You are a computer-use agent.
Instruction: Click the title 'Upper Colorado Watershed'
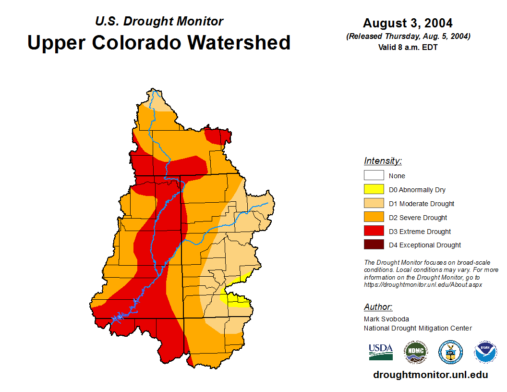click(x=159, y=42)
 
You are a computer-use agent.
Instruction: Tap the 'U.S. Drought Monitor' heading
click(x=159, y=21)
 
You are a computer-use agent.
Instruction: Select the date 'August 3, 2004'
click(x=408, y=23)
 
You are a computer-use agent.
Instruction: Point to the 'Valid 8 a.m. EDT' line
click(x=408, y=47)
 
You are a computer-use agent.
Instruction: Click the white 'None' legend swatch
click(x=374, y=176)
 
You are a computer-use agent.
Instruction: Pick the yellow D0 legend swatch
click(x=374, y=190)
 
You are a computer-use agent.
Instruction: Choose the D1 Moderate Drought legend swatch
click(x=374, y=204)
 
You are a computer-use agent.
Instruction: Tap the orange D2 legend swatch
click(x=374, y=218)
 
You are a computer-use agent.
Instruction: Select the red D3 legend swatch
click(x=374, y=232)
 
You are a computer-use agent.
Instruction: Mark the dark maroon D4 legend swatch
click(x=374, y=245)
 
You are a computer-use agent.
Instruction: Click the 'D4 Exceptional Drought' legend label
click(x=425, y=245)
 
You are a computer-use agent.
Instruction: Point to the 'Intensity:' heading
click(x=383, y=161)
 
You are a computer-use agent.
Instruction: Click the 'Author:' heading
click(x=378, y=307)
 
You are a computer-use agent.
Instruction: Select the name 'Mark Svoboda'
click(x=386, y=319)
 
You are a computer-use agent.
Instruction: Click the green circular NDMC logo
click(x=415, y=352)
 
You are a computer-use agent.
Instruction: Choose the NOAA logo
click(x=485, y=352)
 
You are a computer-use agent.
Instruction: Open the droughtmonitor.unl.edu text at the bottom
click(x=430, y=375)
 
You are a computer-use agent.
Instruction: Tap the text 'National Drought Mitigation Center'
click(x=418, y=328)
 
